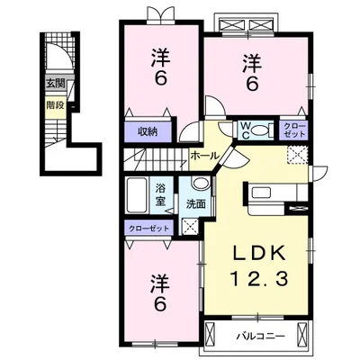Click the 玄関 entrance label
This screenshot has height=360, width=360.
[x=55, y=84]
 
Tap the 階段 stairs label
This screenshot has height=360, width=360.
[x=56, y=105]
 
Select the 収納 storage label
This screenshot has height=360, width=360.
[x=148, y=131]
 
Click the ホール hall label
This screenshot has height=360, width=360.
[x=205, y=156]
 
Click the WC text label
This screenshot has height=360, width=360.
[x=246, y=130]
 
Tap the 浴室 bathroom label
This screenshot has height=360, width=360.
[x=160, y=194]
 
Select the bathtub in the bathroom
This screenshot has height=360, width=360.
[x=137, y=195]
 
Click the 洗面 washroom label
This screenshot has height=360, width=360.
[x=196, y=204]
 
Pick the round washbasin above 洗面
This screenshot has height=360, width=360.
[x=201, y=183]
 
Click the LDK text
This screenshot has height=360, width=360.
[x=259, y=255]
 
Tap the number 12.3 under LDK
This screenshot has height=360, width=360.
[x=259, y=278]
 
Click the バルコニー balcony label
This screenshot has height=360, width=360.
[x=260, y=337]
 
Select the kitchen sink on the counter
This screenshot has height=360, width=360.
[x=262, y=193]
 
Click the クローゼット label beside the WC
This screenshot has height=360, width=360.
[x=294, y=130]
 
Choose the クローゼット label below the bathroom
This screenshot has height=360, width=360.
[x=149, y=229]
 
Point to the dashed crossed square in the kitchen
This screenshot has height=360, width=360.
[x=297, y=155]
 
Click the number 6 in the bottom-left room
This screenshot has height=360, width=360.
[x=160, y=305]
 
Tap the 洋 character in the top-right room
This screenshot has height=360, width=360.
[x=252, y=63]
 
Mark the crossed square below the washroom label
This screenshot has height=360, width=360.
[x=190, y=226]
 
